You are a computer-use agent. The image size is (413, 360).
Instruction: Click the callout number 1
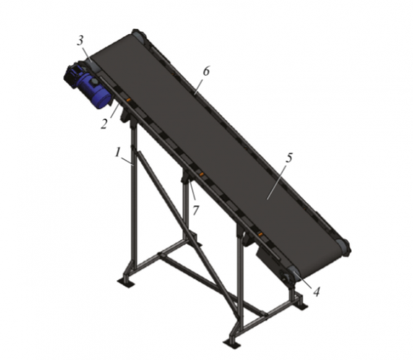pyautogui.click(x=118, y=153)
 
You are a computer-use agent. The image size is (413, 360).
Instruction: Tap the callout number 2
pyautogui.click(x=104, y=124)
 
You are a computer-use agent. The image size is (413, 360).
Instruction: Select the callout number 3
pyautogui.click(x=81, y=41)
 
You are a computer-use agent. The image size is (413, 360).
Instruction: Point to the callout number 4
pyautogui.click(x=316, y=292)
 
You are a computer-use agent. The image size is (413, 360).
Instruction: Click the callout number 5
pyautogui.click(x=289, y=158)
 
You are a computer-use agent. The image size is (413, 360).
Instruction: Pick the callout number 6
pyautogui.click(x=206, y=71)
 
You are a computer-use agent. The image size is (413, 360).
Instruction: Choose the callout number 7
pyautogui.click(x=195, y=210)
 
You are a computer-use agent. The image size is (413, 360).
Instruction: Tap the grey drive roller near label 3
pyautogui.click(x=93, y=65)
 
